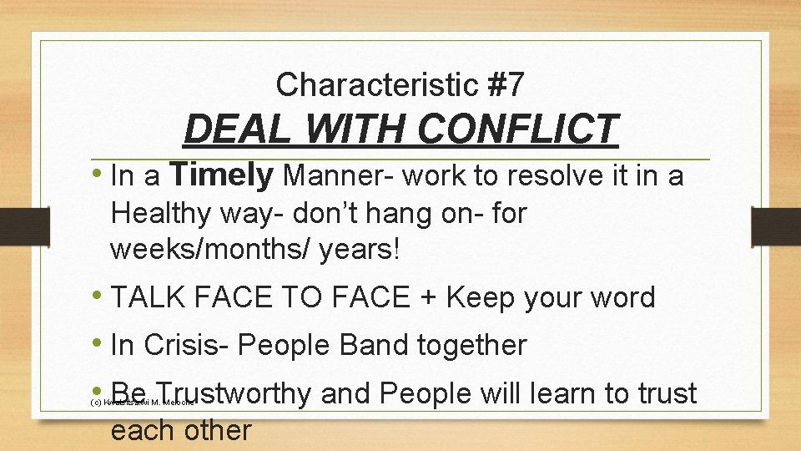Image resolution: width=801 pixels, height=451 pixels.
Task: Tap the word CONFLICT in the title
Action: pos(516,130)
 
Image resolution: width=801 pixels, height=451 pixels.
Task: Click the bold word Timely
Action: pos(221,175)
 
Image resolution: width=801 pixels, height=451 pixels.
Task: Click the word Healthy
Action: pos(162,213)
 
